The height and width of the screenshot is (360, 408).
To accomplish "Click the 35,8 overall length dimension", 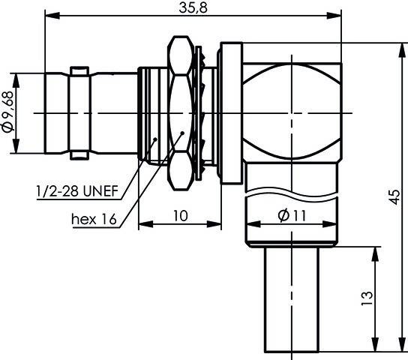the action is click(x=193, y=7).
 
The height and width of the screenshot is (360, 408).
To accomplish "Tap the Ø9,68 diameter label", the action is click(x=7, y=112).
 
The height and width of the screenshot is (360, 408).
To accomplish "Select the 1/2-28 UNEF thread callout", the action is click(x=77, y=191).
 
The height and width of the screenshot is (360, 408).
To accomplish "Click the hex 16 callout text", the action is click(x=94, y=219).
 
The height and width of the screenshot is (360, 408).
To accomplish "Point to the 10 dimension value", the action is click(x=180, y=216).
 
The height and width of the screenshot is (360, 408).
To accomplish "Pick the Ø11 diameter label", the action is click(x=292, y=216).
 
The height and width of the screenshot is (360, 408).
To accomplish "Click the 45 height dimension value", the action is click(x=394, y=197).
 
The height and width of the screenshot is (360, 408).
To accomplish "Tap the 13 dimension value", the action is click(x=367, y=298).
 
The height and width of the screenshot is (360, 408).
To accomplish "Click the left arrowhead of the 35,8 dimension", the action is click(x=52, y=16).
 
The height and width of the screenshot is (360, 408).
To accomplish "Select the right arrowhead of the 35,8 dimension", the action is click(x=334, y=16).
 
